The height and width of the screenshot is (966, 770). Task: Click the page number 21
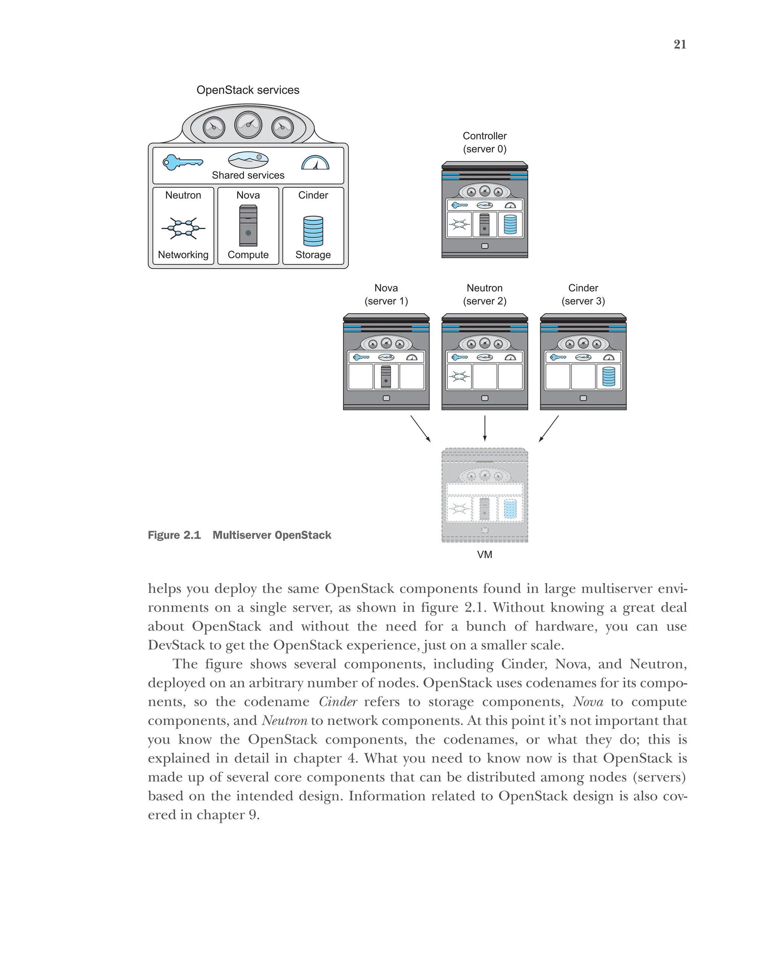pos(679,44)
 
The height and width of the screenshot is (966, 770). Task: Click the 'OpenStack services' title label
pos(248,90)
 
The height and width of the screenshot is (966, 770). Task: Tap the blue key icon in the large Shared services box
pos(182,162)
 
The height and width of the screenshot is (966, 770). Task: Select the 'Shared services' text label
pos(248,175)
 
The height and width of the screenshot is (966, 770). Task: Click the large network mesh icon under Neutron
pos(183,228)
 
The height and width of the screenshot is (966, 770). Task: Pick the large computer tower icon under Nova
pos(248,225)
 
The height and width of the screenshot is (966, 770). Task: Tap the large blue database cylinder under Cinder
pos(313,231)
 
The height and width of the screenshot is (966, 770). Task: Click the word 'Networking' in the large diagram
pos(183,255)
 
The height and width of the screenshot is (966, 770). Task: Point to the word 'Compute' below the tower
pos(248,255)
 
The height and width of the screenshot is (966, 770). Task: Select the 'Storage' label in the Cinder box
pos(313,255)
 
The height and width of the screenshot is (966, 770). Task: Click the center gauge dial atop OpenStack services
pos(248,124)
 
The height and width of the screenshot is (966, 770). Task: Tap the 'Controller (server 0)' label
pos(485,142)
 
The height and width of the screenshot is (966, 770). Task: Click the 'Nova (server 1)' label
pos(386,294)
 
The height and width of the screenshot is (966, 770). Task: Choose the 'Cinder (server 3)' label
pos(583,294)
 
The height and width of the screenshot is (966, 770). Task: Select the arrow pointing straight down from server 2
pos(485,428)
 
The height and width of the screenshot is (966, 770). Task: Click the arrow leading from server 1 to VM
pos(421,429)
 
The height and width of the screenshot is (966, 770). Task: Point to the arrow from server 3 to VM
pos(549,429)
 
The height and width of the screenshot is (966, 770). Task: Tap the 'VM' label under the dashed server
pos(485,554)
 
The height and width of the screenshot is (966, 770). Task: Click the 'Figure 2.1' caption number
pos(174,535)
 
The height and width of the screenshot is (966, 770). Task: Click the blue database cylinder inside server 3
pos(609,376)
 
